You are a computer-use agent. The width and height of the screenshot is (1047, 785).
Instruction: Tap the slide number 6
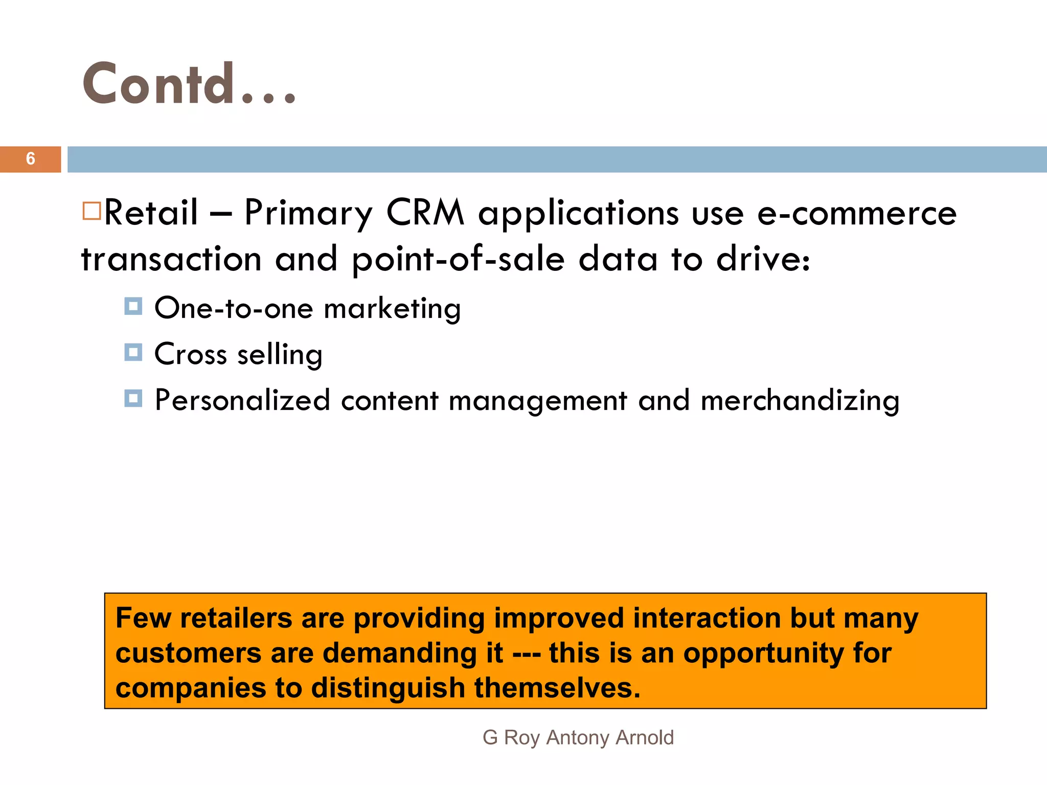[31, 159]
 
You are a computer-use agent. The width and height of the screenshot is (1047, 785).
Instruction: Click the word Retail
[151, 213]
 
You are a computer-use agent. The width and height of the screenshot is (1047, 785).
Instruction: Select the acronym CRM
[425, 213]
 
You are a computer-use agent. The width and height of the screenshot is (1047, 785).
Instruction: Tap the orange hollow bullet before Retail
[92, 211]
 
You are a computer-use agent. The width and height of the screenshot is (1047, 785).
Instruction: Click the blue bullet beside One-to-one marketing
[133, 307]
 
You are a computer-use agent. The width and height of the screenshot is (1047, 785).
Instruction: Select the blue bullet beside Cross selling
[133, 352]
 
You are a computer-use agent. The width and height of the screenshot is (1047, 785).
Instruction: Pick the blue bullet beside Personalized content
[133, 398]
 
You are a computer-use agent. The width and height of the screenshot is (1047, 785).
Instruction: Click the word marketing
[392, 309]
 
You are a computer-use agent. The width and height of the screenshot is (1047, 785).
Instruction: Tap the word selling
[280, 355]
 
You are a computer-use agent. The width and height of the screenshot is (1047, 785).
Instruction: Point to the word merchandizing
[800, 401]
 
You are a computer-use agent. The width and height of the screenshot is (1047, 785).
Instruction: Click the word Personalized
[242, 401]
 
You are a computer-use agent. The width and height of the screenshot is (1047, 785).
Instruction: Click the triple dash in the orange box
[526, 654]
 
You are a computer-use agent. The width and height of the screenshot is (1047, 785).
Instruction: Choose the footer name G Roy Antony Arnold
[578, 737]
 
